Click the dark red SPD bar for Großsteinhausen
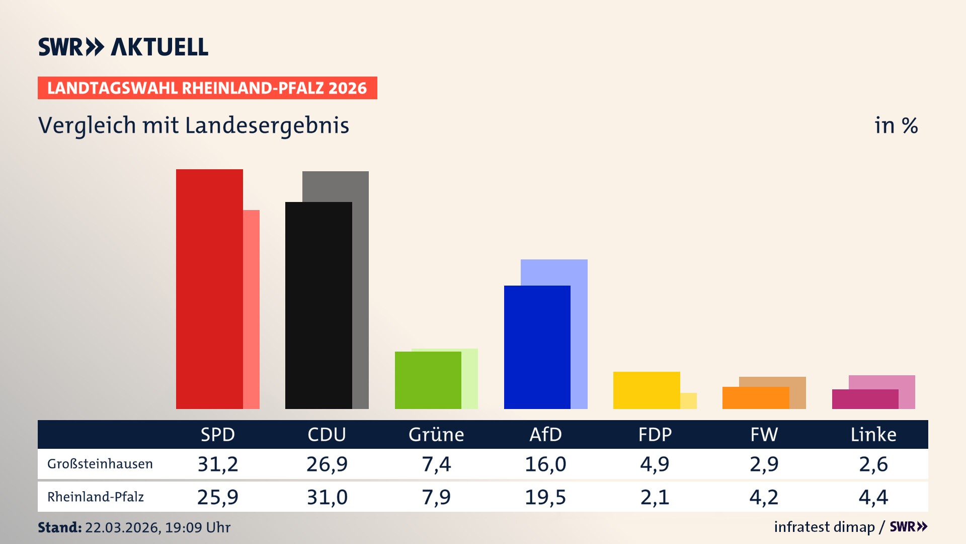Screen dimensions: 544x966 pos(209,289)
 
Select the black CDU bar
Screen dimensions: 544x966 pos(318,305)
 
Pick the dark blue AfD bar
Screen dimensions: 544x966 pos(537,347)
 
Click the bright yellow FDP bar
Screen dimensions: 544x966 pos(647,390)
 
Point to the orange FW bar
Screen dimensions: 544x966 pos(756,398)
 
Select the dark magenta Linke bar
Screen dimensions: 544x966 pos(865,399)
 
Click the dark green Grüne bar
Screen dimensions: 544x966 pos(428,380)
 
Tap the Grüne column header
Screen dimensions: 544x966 pos(436,435)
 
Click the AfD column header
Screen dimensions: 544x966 pos(545,435)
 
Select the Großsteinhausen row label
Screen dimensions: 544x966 pos(100,464)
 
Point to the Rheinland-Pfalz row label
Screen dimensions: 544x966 pos(96,497)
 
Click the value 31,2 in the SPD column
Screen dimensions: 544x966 pos(218,464)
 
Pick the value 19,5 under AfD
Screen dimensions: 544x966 pos(545,497)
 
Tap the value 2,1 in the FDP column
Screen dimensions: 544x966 pos(655,497)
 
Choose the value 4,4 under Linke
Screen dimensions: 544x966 pos(873,497)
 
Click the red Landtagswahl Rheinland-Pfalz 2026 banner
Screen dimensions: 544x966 pos(207,88)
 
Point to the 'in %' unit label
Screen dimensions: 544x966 pos(896,125)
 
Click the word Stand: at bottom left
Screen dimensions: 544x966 pos(59,527)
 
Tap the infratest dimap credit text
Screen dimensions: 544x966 pos(824,527)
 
